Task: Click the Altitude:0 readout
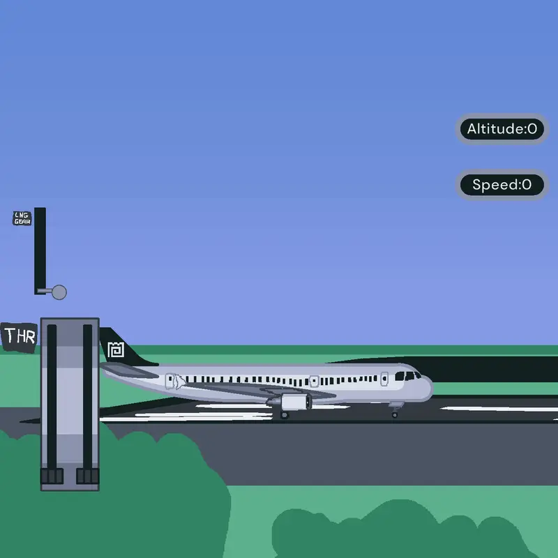pos(502,129)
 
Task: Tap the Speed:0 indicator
pos(502,185)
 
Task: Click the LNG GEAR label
pos(22,218)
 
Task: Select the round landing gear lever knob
pos(59,292)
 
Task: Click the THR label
pos(20,336)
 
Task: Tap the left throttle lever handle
pos(52,476)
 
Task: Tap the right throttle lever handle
pos(88,476)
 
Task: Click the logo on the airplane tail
pos(116,349)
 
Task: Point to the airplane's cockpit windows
pos(408,376)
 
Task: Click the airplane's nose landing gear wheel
pos(395,415)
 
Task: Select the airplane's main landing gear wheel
pos(285,415)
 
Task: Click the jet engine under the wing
pos(292,402)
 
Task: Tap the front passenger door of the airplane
pos(384,379)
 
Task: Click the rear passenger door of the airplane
pos(170,381)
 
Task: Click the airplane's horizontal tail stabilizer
pos(129,370)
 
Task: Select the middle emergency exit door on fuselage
pos(314,381)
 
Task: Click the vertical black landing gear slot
pos(40,250)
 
